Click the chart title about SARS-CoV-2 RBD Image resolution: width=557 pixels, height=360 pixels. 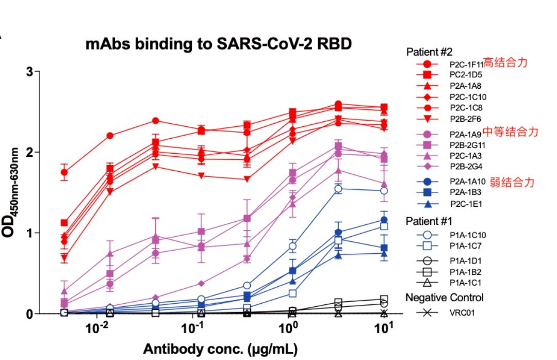click(219, 44)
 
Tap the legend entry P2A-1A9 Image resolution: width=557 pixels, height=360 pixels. click(464, 134)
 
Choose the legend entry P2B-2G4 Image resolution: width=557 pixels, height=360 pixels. click(464, 166)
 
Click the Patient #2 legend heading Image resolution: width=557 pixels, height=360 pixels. click(429, 52)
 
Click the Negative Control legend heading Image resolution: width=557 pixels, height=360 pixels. click(444, 298)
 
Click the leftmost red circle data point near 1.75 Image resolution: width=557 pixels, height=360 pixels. click(64, 172)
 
